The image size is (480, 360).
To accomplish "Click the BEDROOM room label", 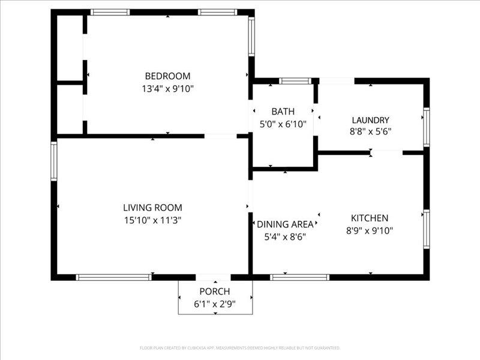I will pos(167,76).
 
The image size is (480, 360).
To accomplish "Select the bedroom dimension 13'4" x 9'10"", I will pos(167,89).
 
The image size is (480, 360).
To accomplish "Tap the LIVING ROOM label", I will pos(152,208).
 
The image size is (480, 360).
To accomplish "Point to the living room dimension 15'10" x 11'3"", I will pos(152,220).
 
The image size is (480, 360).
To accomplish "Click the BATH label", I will pos(283,112).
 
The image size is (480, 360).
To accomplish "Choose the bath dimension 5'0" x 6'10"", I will pos(283,124).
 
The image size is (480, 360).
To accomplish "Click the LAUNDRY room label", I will pos(370,120).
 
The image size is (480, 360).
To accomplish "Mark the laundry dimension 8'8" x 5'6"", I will pos(370,132).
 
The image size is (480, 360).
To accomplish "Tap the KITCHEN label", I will pos(370,218).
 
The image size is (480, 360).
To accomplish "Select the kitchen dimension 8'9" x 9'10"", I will pos(370,230).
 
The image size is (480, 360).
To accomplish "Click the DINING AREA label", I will pos(285,224).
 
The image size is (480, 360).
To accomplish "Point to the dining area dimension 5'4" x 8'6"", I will pos(285,237).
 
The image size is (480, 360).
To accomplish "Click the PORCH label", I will pos(214,292).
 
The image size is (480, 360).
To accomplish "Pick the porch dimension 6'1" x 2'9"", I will pos(214,304).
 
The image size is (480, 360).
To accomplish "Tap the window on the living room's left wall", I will pos(54,161).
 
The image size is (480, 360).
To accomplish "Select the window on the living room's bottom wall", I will pos(113,277).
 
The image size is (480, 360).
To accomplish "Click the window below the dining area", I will pos(299,277).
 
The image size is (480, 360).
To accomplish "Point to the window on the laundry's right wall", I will pos(427,127).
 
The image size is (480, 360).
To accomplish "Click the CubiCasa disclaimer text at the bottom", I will pos(240,348).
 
